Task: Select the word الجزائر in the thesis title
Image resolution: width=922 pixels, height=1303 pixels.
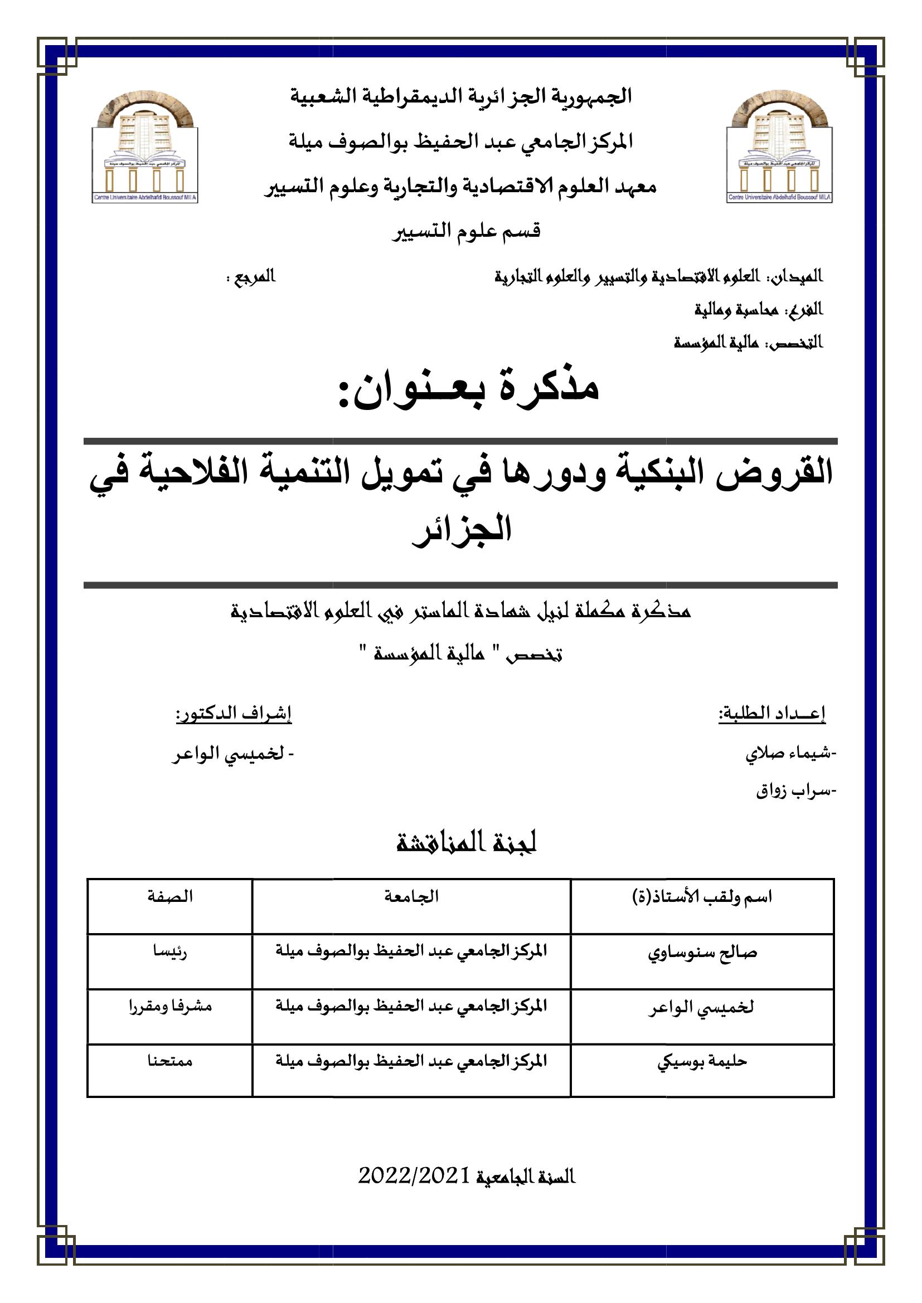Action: pos(462,528)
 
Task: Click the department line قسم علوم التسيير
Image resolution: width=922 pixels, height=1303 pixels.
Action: pos(467,231)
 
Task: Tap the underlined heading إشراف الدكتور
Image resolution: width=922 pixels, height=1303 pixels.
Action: pos(234,715)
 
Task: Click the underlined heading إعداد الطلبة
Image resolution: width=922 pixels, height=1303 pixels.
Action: pos(772,715)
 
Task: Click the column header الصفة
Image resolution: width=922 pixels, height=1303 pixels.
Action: pos(171,897)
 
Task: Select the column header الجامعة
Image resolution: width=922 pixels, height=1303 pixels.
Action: pos(411,897)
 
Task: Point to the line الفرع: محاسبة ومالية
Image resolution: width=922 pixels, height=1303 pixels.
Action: pos(759,310)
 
